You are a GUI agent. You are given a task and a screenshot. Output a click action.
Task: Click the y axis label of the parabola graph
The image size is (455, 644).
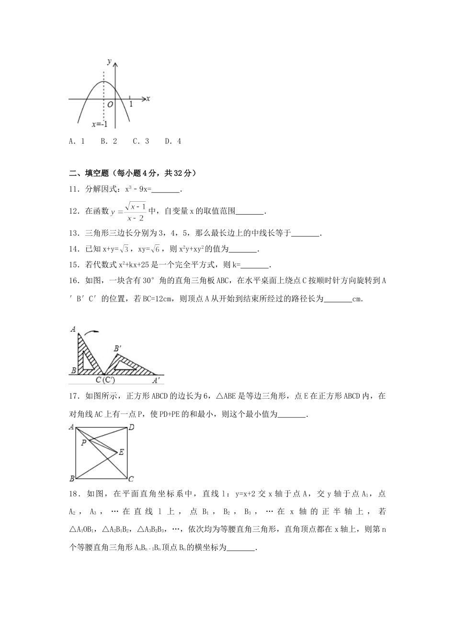click(x=110, y=61)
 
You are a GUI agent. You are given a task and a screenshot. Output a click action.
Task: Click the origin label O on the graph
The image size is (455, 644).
click(x=110, y=104)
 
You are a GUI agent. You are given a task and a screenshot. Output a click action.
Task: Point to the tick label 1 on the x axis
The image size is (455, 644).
click(x=131, y=103)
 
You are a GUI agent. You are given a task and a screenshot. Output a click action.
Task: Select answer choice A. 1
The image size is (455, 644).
click(x=77, y=141)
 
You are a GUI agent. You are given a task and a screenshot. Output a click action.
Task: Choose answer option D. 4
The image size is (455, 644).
click(x=173, y=141)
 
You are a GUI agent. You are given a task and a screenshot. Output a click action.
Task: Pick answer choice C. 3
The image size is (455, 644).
click(x=141, y=141)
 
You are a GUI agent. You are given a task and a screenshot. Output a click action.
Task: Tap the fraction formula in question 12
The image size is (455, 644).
click(x=129, y=211)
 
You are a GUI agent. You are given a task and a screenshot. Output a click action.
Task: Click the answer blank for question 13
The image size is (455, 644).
click(x=305, y=233)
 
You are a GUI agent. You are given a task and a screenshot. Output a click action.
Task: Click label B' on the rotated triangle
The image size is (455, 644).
click(x=116, y=348)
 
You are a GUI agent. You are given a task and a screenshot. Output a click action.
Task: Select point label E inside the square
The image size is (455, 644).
click(x=121, y=452)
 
